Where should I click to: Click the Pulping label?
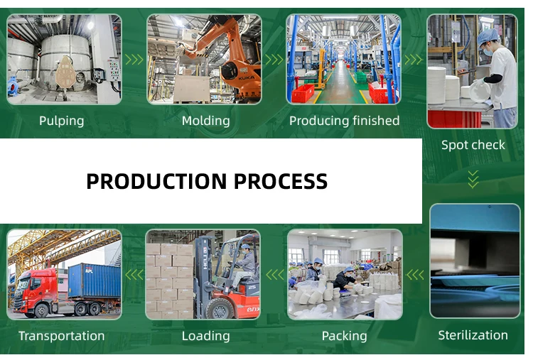coord(62,121)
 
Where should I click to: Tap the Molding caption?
coord(205,121)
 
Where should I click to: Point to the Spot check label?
coord(473,145)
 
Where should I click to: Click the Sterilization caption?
coord(473,335)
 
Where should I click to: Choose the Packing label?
coord(345,336)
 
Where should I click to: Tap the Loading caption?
coord(205,336)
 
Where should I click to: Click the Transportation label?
coord(62,336)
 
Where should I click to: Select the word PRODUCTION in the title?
coord(157,181)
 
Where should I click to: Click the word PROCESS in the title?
coord(281,181)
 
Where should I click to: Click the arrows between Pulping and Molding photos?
coord(134,60)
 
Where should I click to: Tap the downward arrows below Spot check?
coord(473,180)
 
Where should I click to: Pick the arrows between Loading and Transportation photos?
coord(134,274)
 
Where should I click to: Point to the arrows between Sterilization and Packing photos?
coord(415,274)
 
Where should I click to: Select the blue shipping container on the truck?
coord(94,281)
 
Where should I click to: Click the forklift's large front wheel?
coord(220,308)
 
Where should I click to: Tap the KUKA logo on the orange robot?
coord(246,78)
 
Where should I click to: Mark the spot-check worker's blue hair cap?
coord(488,37)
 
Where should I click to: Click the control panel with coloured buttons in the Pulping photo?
coord(114,70)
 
